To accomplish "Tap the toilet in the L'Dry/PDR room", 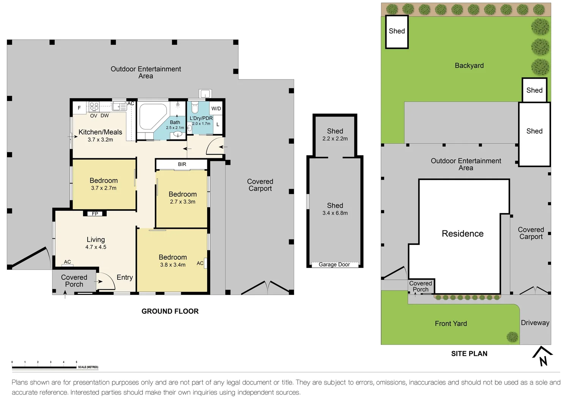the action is (195, 107).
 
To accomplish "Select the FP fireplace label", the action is (95, 214).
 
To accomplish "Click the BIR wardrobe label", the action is (182, 164).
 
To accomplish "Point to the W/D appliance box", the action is (216, 109).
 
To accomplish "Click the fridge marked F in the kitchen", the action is (79, 108).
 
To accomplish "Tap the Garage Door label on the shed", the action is (334, 265).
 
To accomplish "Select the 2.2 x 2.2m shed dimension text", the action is (335, 139).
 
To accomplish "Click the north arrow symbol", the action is (542, 356).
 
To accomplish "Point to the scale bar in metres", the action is (44, 367).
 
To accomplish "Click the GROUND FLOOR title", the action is (170, 311).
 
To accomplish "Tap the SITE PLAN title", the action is (469, 353).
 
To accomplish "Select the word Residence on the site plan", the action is (463, 233).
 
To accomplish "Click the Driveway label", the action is (535, 323).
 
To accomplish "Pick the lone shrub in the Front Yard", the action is (512, 337).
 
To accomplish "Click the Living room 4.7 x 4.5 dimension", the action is (96, 247).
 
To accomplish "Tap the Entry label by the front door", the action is (125, 278).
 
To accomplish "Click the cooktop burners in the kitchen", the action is (94, 106).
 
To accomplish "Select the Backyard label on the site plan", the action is (469, 66).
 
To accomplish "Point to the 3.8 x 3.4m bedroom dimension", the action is (173, 265).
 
